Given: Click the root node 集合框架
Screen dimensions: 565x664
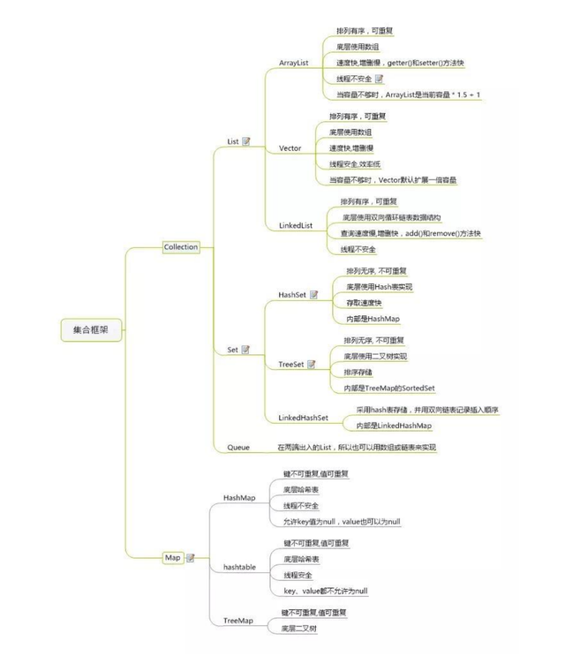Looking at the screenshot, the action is (x=92, y=330).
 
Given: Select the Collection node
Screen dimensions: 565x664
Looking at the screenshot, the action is (x=181, y=247).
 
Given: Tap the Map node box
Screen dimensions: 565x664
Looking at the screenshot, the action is (x=173, y=557).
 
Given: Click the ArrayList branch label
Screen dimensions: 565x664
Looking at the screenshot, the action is (x=293, y=64).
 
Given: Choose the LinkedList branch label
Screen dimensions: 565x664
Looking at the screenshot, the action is (x=296, y=226).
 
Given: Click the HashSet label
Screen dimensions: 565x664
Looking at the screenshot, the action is (x=291, y=294).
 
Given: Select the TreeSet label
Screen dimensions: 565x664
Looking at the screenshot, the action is (x=290, y=364).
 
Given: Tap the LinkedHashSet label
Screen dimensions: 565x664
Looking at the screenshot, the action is (x=303, y=417).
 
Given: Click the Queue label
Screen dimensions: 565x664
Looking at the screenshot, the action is (x=238, y=448).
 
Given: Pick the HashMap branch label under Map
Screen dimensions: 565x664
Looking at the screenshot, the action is (x=239, y=498).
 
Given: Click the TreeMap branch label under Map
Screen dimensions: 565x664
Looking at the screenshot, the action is (x=238, y=622).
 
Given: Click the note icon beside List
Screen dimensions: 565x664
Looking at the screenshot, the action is (x=246, y=141).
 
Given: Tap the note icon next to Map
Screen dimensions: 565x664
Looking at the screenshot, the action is (x=190, y=558).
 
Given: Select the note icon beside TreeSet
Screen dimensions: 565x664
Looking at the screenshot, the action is (x=312, y=364).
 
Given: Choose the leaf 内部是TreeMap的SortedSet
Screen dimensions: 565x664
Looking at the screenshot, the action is (x=389, y=388).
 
